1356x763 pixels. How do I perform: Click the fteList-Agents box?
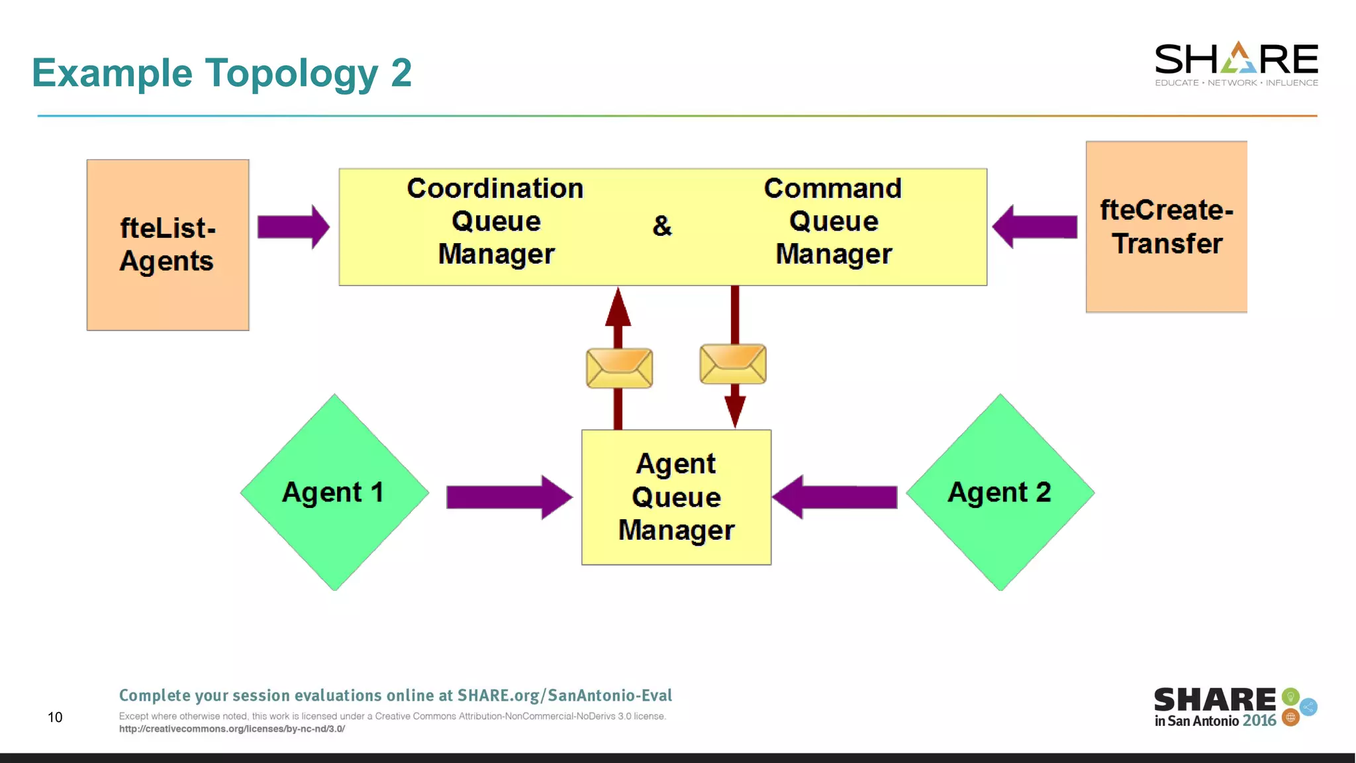pos(168,244)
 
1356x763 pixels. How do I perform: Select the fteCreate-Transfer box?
pos(1166,227)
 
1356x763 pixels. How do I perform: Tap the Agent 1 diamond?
pos(334,492)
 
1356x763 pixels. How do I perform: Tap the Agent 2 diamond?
pos(1000,492)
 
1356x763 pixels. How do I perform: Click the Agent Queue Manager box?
pos(676,497)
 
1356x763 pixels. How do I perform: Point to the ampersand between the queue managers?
pos(662,226)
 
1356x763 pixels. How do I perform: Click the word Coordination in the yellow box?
pos(495,189)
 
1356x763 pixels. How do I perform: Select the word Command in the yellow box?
pos(832,189)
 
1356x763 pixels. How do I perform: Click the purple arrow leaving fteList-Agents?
pos(293,227)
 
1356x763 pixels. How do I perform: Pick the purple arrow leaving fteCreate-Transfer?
pos(1034,227)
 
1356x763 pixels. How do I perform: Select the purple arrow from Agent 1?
pos(508,497)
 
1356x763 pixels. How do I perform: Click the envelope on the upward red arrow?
pos(619,368)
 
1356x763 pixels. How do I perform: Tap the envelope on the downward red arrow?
pos(733,364)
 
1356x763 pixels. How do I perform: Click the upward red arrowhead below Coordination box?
pos(618,308)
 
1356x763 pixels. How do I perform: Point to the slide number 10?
pos(55,717)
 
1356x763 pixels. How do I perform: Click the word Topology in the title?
pos(291,73)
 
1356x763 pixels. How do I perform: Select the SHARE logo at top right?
pos(1235,64)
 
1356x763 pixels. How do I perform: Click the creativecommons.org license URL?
pos(232,729)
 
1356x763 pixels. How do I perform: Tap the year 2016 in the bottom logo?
pos(1259,721)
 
